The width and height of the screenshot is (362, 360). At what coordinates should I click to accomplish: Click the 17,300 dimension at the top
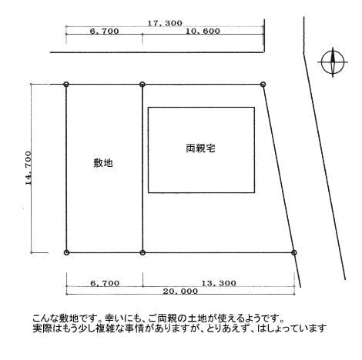165,23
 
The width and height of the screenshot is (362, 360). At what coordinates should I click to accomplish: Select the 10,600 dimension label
203,32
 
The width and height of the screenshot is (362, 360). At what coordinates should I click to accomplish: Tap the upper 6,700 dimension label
105,32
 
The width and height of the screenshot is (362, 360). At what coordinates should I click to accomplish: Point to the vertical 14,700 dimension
28,168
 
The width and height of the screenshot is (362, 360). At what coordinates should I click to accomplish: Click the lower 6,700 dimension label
105,283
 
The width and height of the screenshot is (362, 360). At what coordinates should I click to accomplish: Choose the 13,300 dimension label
219,283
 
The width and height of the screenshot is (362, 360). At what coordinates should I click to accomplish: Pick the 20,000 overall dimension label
180,292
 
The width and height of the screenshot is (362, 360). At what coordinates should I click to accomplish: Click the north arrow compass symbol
333,62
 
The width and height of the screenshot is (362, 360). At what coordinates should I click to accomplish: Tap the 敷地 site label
103,163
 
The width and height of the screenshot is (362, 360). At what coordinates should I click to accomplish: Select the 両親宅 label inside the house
200,148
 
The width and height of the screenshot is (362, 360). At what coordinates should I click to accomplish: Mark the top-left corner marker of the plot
66,84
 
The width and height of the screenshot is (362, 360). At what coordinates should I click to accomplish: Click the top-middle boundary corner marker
142,84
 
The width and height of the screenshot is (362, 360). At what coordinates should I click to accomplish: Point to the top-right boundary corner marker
263,84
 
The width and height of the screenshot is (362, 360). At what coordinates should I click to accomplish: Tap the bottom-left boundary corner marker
66,252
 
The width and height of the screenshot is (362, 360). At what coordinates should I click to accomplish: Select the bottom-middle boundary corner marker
142,252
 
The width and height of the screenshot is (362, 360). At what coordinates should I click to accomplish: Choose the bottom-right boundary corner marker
294,252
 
